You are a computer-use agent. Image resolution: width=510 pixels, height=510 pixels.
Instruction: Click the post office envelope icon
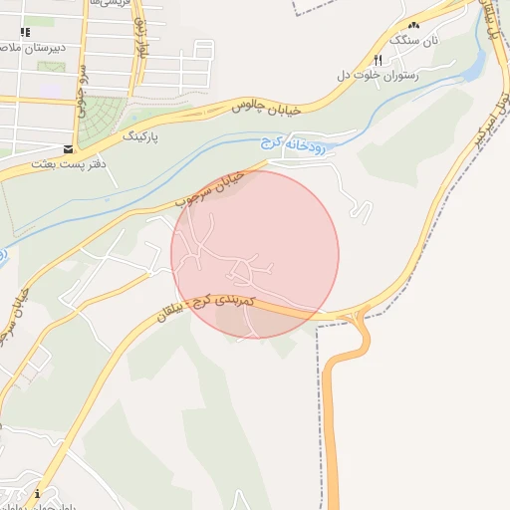click(68, 148)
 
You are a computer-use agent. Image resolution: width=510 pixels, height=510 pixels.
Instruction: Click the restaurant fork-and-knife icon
click(378, 59)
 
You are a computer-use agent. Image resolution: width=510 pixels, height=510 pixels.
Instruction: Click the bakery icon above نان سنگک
click(413, 25)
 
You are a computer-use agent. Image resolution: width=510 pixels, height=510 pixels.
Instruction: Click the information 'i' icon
click(37, 494)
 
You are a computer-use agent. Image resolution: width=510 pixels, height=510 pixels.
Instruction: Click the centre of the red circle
click(255, 254)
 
